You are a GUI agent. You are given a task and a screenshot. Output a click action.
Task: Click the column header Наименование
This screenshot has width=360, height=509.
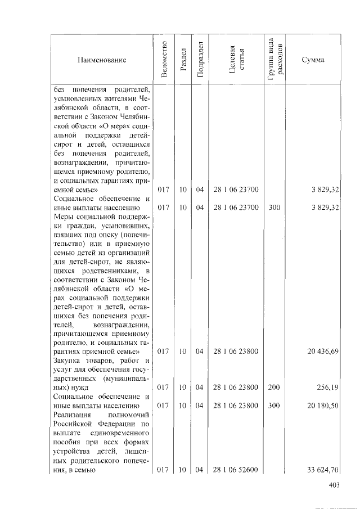(102, 60)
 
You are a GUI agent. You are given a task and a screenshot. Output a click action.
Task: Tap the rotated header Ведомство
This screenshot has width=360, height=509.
(163, 60)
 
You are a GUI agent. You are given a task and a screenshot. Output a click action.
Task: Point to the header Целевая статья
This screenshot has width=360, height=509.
(236, 60)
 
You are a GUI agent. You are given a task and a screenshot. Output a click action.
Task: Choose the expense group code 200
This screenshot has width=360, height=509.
(274, 387)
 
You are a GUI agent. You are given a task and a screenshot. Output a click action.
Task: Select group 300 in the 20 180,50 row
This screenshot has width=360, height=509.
(274, 405)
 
